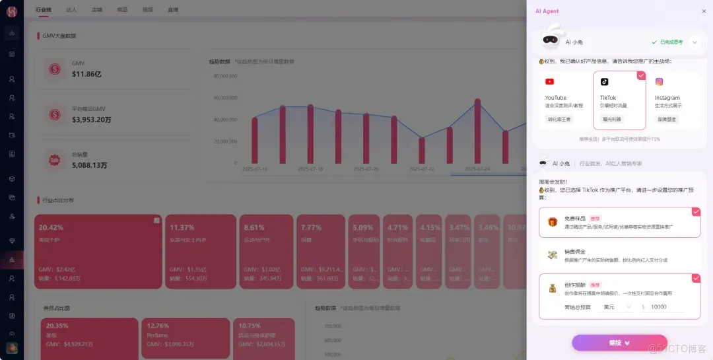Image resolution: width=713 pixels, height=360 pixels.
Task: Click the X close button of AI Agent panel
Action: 704,11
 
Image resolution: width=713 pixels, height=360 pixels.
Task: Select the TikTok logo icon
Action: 604,82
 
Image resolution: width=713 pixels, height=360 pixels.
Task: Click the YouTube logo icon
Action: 549,82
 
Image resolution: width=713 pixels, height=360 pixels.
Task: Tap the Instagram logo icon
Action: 659,82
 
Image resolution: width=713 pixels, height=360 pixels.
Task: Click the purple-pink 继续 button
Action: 611,343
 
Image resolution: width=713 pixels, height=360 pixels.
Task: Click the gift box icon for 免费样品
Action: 552,222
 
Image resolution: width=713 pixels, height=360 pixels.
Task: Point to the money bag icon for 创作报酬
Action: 552,289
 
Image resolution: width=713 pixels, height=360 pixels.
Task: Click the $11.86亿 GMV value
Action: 86,75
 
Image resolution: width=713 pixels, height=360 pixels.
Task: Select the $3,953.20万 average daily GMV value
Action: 92,120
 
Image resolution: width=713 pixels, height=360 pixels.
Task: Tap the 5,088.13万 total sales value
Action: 89,165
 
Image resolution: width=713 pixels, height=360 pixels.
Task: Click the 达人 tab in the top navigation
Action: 71,10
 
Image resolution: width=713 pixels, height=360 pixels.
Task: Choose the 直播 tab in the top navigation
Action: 173,10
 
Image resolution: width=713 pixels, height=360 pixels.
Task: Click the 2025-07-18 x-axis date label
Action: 310,169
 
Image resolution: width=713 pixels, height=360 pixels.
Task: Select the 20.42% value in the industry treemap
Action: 51,228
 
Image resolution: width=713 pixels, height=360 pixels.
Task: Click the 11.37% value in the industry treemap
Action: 182,228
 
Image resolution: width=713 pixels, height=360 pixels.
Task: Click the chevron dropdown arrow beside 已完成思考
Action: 695,42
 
